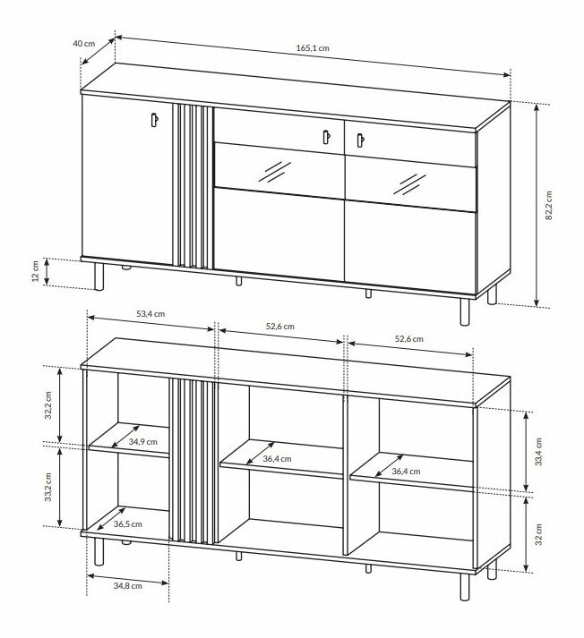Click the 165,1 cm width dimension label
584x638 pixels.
(x=313, y=48)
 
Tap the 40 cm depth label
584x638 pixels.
(x=84, y=44)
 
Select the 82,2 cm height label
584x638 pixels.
(x=548, y=206)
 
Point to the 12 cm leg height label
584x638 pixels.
(x=36, y=271)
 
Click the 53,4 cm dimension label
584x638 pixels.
(x=150, y=314)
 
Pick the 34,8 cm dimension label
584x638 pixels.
(x=127, y=585)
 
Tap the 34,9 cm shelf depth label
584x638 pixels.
(x=143, y=441)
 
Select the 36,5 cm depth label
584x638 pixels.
(x=128, y=524)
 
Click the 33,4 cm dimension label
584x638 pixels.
(x=539, y=452)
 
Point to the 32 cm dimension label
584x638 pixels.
(x=539, y=534)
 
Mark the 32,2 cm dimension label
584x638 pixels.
(x=48, y=405)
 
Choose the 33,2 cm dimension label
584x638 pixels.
(x=48, y=487)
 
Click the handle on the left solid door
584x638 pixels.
(x=154, y=120)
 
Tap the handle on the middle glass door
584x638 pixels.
(x=326, y=137)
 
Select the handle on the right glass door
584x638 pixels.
(x=360, y=140)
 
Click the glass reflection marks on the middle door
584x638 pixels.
(x=275, y=171)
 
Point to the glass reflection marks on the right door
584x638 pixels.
(x=409, y=184)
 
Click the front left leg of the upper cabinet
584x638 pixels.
(x=99, y=276)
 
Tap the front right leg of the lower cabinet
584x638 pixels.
(x=465, y=587)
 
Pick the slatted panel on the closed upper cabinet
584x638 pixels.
(x=193, y=186)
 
